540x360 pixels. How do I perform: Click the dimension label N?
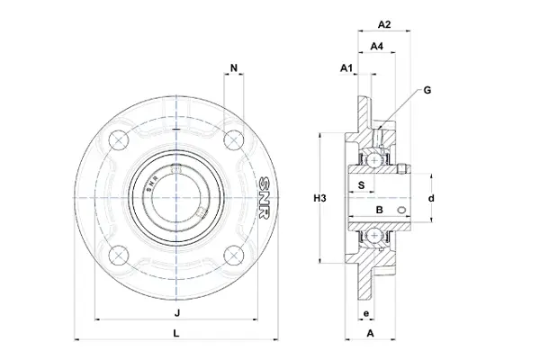[x=235, y=68]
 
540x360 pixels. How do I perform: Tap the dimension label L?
[x=176, y=333]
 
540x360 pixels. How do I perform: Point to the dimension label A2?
[x=383, y=24]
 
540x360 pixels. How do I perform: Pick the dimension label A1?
[x=346, y=68]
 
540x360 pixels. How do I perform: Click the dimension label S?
[x=362, y=185]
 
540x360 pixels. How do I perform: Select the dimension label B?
[x=378, y=210]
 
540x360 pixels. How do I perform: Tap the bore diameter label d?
[x=431, y=198]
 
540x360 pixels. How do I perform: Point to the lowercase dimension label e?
[x=364, y=313]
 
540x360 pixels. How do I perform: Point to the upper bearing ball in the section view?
[x=373, y=159]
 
